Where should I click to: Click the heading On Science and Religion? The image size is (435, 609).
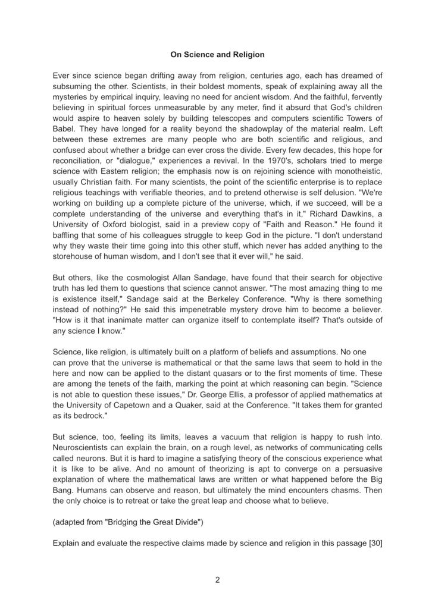217,55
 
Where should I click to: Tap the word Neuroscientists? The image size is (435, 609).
84,447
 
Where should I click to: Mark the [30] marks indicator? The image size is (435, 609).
375,543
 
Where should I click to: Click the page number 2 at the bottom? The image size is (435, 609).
217,580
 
